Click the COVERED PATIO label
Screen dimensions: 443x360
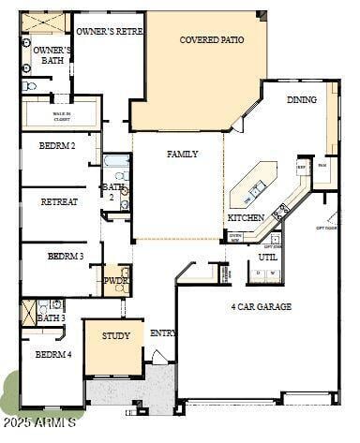click(x=212, y=40)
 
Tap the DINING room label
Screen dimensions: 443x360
click(x=301, y=99)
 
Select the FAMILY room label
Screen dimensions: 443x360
click(x=182, y=154)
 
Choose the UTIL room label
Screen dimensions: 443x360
click(x=268, y=256)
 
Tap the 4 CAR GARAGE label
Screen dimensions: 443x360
click(x=261, y=306)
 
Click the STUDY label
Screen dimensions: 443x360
click(x=115, y=335)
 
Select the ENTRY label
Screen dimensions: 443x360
click(x=163, y=332)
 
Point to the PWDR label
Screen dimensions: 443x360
click(x=115, y=280)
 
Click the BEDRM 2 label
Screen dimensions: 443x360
click(x=57, y=146)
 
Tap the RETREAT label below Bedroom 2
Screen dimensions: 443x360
click(x=59, y=201)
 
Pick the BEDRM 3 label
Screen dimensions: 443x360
click(x=66, y=256)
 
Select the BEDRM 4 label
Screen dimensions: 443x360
click(x=52, y=354)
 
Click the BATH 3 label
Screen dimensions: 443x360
click(x=52, y=318)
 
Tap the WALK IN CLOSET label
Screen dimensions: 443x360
click(x=62, y=117)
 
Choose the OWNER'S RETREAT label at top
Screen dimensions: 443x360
click(x=109, y=31)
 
